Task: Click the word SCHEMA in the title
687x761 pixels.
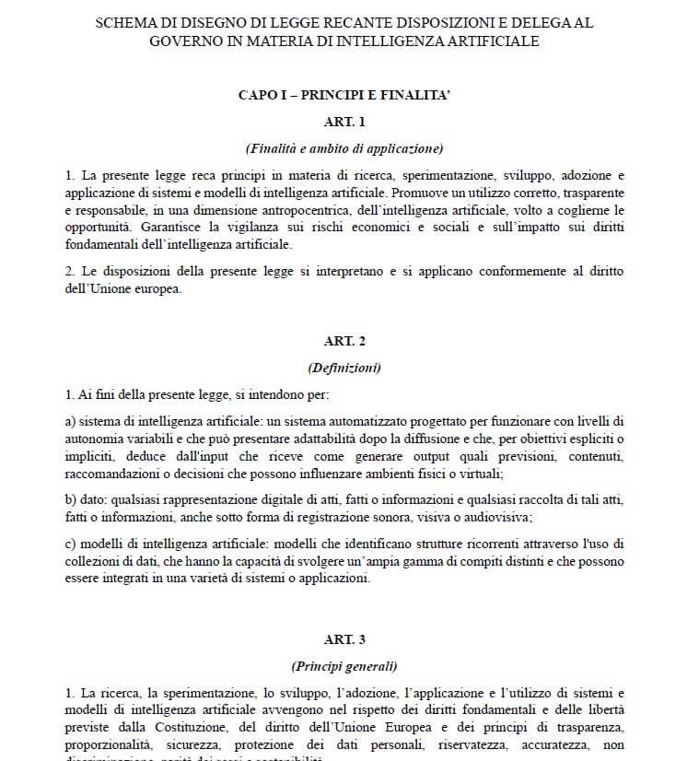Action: click(128, 23)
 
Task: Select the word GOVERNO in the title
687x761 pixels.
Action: click(190, 41)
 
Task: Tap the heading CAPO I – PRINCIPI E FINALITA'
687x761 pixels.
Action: click(344, 95)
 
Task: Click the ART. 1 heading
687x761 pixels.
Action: click(344, 122)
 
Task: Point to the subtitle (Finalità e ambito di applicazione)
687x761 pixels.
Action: click(344, 148)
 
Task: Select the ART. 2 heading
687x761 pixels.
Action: click(344, 341)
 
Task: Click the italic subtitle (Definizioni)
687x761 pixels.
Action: click(344, 368)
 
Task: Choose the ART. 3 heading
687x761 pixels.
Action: click(344, 638)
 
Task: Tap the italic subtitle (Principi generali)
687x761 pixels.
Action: click(344, 665)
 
